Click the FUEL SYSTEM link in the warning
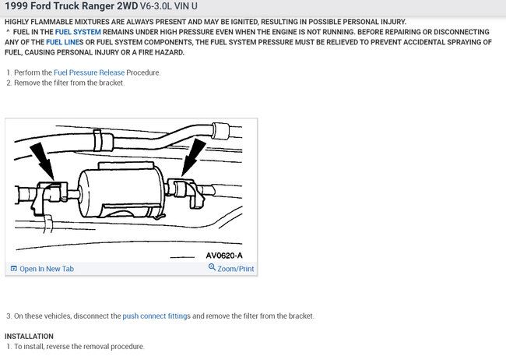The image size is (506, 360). pyautogui.click(x=78, y=32)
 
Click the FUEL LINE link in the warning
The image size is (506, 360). pyautogui.click(x=62, y=42)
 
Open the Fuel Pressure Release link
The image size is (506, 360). pyautogui.click(x=89, y=72)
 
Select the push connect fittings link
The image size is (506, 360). pyautogui.click(x=156, y=316)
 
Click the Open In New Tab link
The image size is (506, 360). pyautogui.click(x=47, y=269)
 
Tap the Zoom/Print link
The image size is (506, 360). pyautogui.click(x=236, y=269)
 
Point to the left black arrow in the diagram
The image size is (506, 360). pyautogui.click(x=43, y=161)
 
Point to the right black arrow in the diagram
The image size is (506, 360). pyautogui.click(x=193, y=157)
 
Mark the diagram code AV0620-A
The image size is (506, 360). pyautogui.click(x=224, y=256)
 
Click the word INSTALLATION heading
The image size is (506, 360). pyautogui.click(x=29, y=336)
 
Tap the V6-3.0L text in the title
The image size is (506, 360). pyautogui.click(x=156, y=6)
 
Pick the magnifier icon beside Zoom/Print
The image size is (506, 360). pyautogui.click(x=212, y=267)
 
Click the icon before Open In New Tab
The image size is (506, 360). pyautogui.click(x=13, y=269)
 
